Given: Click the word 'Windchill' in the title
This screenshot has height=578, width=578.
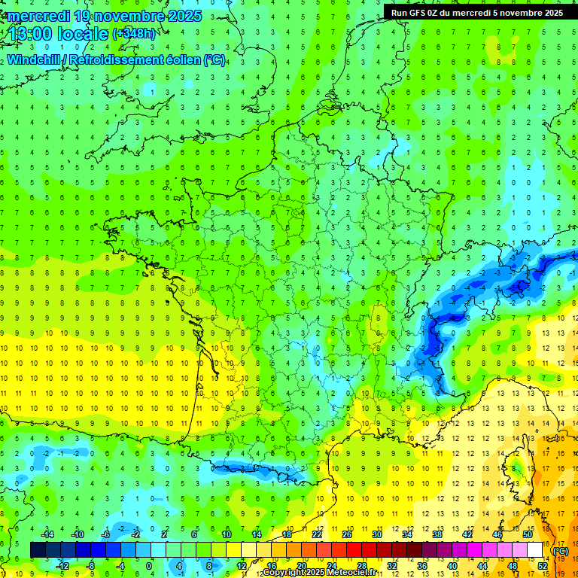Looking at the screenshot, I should click(33, 59).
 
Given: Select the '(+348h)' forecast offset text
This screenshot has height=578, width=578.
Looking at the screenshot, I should click(134, 34).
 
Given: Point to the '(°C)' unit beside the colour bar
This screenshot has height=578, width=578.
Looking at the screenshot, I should click(560, 551).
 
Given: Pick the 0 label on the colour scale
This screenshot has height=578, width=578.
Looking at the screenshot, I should click(149, 565).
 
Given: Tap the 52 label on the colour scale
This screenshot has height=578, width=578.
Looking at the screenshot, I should click(543, 565).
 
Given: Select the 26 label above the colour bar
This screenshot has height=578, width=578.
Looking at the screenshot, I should click(347, 534).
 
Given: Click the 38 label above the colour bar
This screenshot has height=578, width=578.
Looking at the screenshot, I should click(437, 534).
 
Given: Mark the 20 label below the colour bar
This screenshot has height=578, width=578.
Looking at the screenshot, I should click(302, 565).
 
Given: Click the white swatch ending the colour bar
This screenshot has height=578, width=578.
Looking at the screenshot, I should click(535, 549).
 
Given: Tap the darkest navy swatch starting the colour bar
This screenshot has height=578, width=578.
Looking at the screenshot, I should click(38, 549).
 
